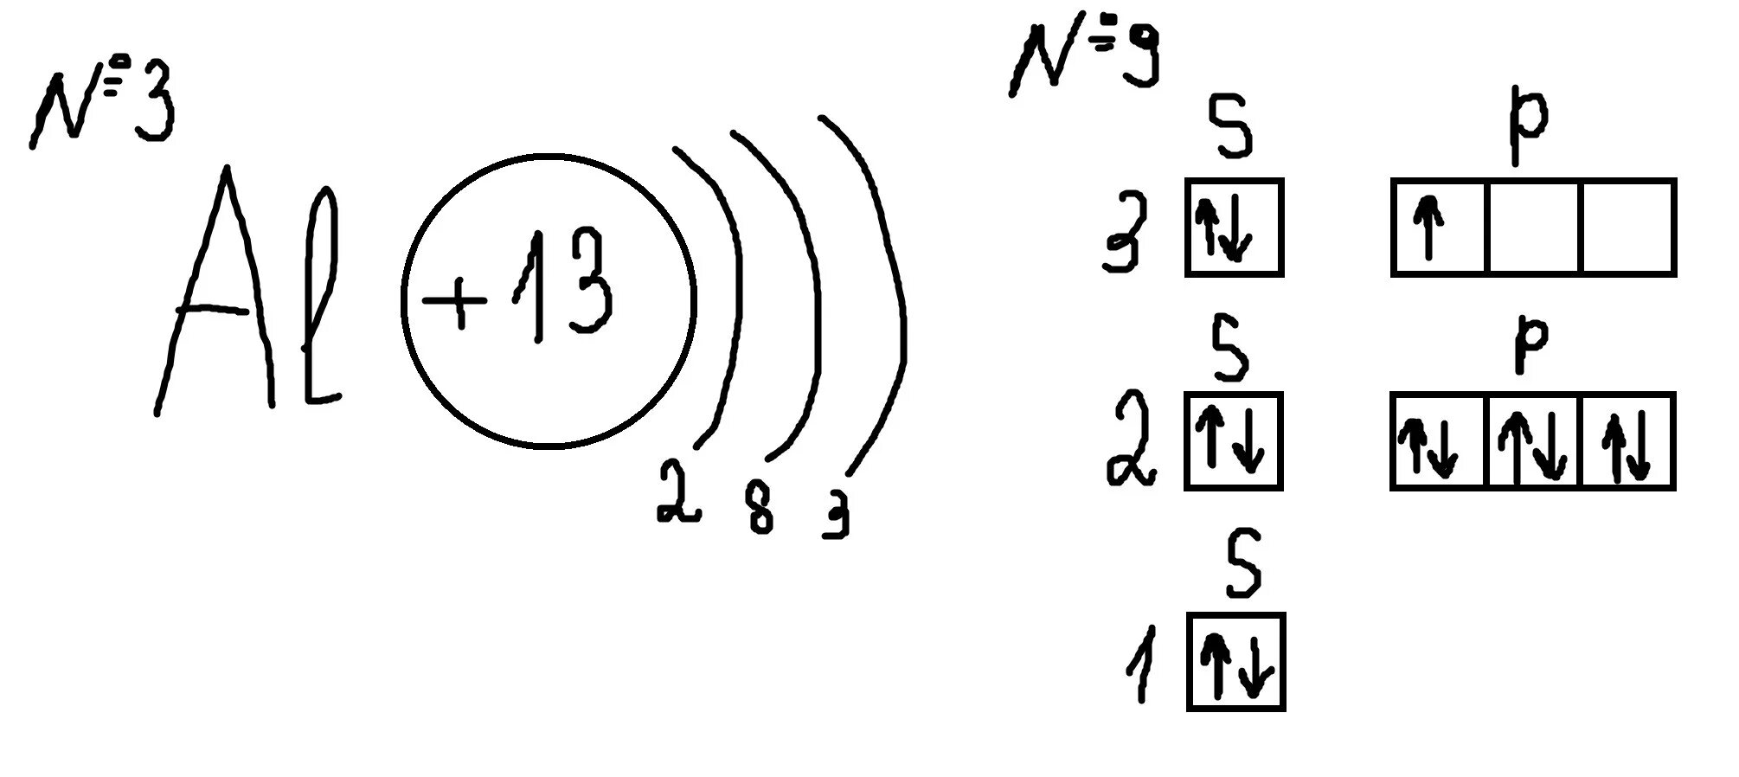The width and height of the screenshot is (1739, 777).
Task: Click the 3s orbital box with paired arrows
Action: coord(1234,228)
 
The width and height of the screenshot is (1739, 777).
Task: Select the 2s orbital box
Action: coord(1234,441)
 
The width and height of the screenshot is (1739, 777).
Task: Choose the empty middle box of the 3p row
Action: coord(1533,228)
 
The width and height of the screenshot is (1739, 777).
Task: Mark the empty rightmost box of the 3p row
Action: coord(1628,228)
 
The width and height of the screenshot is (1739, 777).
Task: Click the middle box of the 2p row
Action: coord(1533,442)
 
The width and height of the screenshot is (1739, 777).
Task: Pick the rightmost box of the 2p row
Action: coord(1628,442)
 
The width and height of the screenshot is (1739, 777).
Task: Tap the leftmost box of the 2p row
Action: coord(1438,442)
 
